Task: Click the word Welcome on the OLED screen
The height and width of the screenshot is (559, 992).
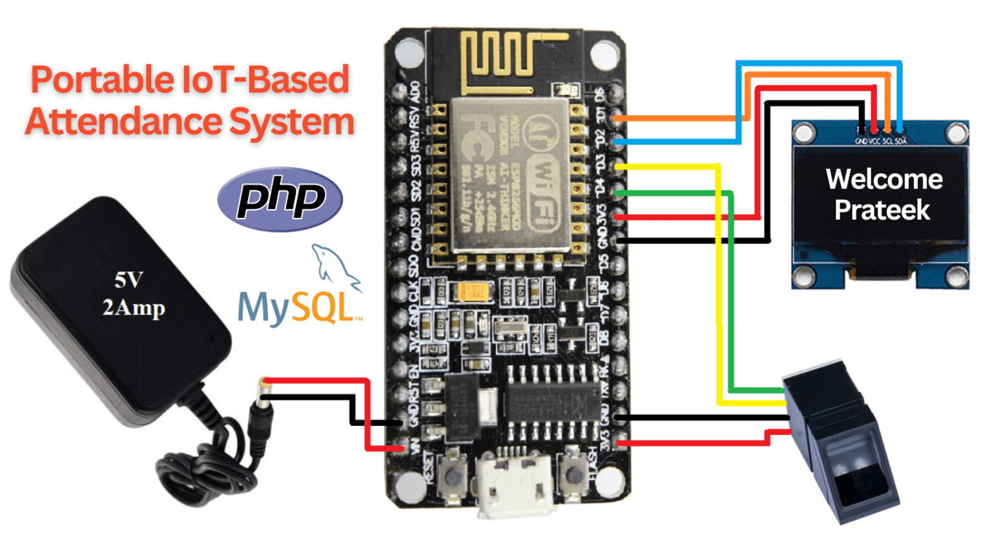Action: pyautogui.click(x=883, y=179)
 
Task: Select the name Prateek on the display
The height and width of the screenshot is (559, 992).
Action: pyautogui.click(x=882, y=210)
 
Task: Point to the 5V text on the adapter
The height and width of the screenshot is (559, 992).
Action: pyautogui.click(x=128, y=280)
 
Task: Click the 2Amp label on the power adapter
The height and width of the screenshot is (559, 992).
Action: pyautogui.click(x=134, y=308)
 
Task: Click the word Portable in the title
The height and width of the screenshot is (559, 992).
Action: pyautogui.click(x=101, y=79)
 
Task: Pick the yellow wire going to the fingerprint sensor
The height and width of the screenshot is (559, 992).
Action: pyautogui.click(x=718, y=291)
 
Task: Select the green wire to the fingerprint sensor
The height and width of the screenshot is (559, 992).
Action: pyautogui.click(x=731, y=291)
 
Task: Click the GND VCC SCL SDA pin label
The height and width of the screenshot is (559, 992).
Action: pyautogui.click(x=880, y=141)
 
